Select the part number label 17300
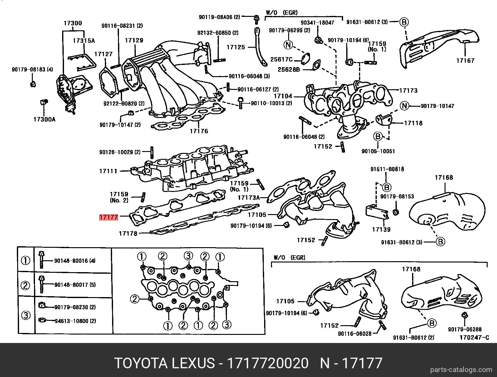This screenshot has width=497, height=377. point(73,23)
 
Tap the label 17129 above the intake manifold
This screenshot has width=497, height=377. point(134,40)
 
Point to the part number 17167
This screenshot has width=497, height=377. point(465,61)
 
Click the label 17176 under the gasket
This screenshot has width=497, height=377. point(199,131)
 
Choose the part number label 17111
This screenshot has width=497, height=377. point(108,171)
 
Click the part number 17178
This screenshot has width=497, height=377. point(128,233)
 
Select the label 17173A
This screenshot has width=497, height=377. point(248,198)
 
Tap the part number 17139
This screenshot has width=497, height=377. point(381,229)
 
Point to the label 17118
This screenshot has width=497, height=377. point(413,123)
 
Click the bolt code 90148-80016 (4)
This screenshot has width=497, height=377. point(75,261)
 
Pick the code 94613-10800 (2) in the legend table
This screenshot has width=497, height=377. point(75,321)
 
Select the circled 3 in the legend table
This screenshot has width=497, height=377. point(26,315)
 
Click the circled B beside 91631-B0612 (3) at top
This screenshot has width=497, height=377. point(404,22)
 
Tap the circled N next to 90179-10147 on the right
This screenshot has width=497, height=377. point(405,106)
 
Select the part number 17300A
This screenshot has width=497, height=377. point(44,119)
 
